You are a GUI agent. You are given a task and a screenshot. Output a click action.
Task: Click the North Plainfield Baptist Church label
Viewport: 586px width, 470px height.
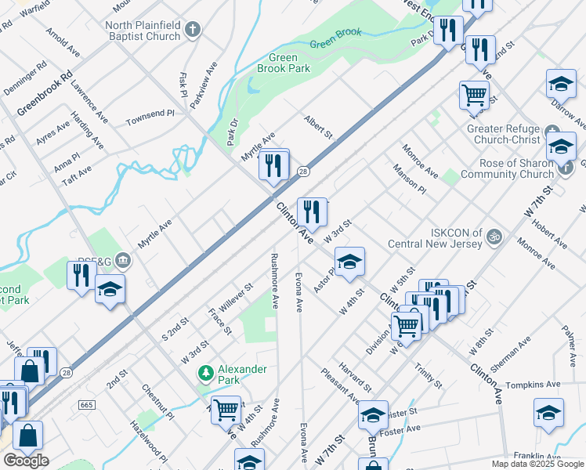click(143, 31)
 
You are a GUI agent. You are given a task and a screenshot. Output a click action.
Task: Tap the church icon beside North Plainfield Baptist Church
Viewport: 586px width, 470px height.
click(192, 31)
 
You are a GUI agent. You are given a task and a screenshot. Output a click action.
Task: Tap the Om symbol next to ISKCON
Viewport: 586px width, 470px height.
click(494, 235)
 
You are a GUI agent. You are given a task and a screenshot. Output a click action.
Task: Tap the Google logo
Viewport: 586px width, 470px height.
click(26, 461)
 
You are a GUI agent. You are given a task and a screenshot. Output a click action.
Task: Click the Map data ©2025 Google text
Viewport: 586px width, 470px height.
click(537, 464)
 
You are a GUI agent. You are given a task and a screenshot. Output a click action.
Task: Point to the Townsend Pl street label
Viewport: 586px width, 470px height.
click(150, 118)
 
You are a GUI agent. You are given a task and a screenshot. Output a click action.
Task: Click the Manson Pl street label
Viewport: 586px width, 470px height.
click(410, 179)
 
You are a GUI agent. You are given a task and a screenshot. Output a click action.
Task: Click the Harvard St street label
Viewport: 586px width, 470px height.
click(356, 378)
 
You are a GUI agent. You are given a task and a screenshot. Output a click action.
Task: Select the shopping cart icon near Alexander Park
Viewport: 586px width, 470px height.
click(226, 408)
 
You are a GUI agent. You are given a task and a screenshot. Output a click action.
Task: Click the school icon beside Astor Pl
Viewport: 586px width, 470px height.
click(349, 262)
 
